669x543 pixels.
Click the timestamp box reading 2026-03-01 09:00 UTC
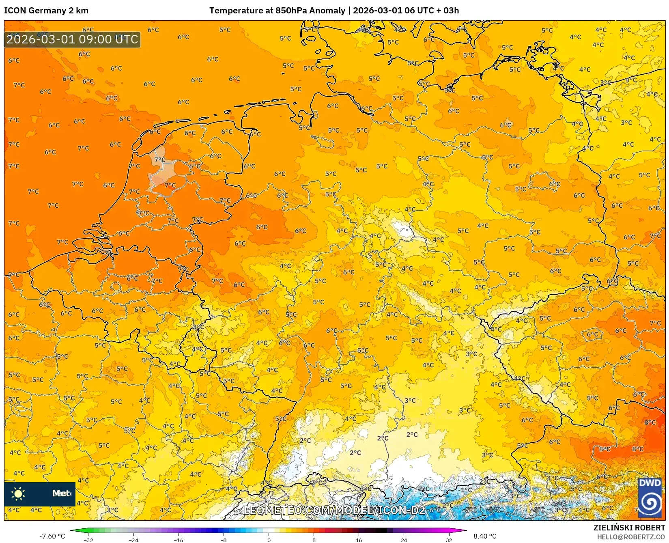[72, 39]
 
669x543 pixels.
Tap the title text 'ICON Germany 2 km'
[46, 11]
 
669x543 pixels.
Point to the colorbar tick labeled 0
[269, 540]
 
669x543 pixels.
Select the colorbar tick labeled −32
[88, 540]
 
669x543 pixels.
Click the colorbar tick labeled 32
[449, 540]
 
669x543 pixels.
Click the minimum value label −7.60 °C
[52, 536]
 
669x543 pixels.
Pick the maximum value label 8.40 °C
[485, 536]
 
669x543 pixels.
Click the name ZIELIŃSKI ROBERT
[629, 528]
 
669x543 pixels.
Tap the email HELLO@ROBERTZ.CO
[631, 537]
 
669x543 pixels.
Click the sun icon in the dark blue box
[18, 493]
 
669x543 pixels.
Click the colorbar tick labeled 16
[359, 540]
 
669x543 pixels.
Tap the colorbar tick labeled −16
[179, 540]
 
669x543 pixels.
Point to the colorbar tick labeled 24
[404, 540]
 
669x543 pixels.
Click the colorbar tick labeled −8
[224, 540]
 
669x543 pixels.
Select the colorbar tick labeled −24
[133, 540]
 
